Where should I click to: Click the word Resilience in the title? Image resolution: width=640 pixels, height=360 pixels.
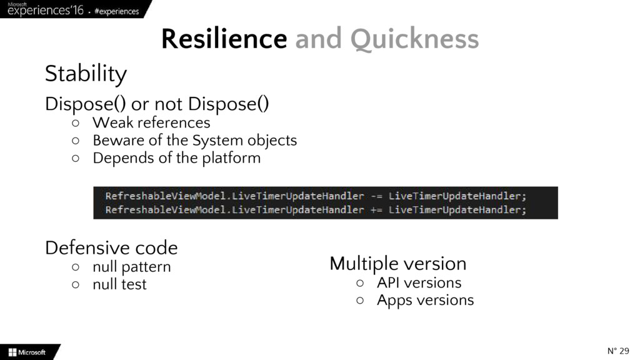point(224,40)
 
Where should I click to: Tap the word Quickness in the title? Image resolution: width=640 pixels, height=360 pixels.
point(414,40)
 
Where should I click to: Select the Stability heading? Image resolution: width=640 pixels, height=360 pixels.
point(86,74)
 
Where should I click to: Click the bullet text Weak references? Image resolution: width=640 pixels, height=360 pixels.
point(151,122)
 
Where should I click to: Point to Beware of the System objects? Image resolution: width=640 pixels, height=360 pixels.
point(194,140)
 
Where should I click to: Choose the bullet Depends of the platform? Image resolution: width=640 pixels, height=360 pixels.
point(176,157)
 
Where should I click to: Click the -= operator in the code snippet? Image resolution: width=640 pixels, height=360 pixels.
point(376,196)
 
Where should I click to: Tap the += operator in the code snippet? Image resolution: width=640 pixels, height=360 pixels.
point(376,210)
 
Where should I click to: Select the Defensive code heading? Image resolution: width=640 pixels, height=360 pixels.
point(111,248)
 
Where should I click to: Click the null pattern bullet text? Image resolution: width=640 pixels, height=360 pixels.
point(131,267)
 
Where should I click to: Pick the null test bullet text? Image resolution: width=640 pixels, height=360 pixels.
point(119,284)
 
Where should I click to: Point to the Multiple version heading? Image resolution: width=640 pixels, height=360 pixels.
point(397,264)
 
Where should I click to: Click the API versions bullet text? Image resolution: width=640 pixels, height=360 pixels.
point(419,282)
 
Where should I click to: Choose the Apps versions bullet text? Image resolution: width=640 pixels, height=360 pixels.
point(425,300)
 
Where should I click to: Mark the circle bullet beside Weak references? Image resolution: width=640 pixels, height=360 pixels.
point(75,123)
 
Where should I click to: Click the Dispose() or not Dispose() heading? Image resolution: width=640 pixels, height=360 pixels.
point(157,104)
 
